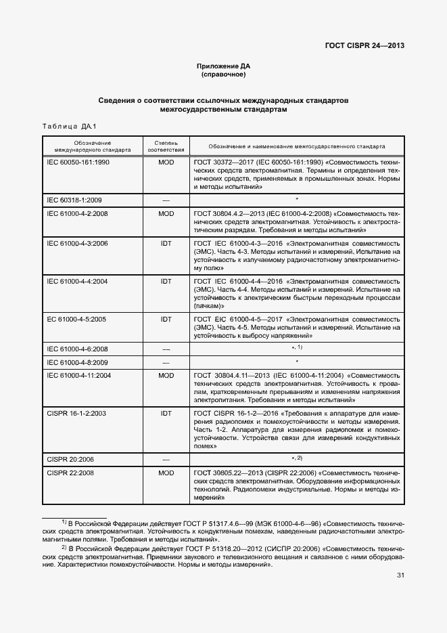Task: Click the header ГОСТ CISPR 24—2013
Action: click(366, 47)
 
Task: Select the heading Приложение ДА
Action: click(223, 66)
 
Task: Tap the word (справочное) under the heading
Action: click(223, 74)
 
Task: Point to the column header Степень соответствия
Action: click(166, 146)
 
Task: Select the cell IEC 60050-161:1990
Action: click(78, 164)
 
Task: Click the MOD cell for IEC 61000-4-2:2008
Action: click(166, 213)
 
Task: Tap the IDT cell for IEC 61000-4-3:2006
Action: click(166, 242)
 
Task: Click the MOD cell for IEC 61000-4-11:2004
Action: click(166, 375)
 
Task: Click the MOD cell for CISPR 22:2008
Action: click(166, 472)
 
